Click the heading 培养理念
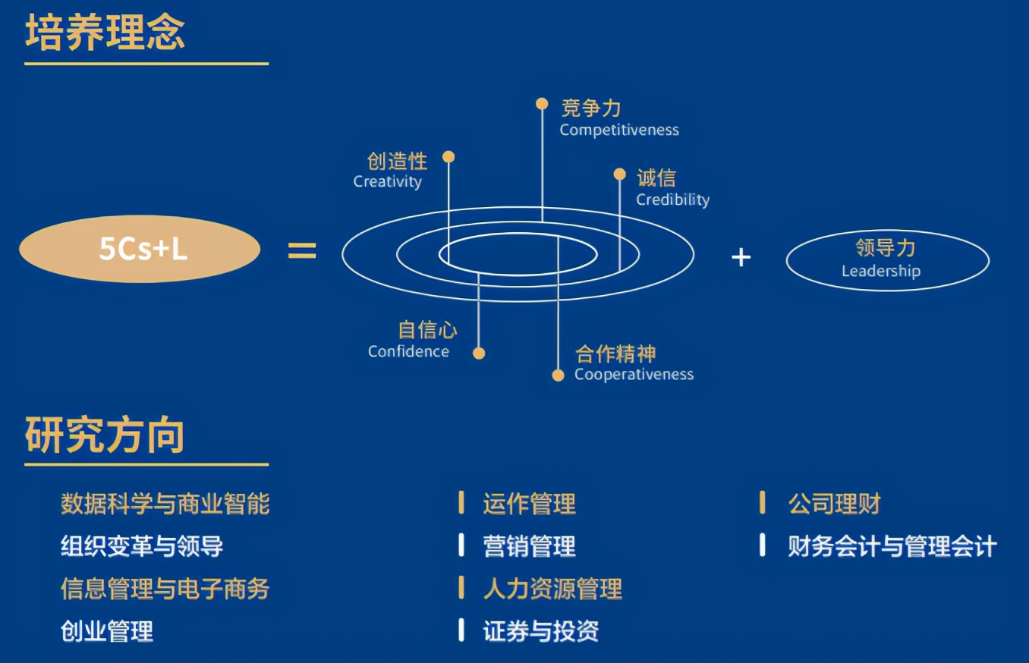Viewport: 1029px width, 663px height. coord(105,33)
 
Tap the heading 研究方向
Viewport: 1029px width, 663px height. coord(105,435)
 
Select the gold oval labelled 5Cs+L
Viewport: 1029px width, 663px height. coord(140,250)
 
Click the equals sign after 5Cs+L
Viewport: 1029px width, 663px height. coord(302,250)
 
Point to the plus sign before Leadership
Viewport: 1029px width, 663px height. coord(741,258)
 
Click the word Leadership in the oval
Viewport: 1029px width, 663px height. coord(880,272)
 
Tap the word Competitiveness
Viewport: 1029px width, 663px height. coord(619,130)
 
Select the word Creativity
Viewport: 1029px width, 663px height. coord(387,182)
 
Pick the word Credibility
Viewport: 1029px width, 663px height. coord(672,200)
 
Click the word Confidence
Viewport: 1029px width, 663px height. coord(408,352)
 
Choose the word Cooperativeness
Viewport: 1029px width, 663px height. coord(634,375)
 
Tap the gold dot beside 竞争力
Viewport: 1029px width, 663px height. coord(542,104)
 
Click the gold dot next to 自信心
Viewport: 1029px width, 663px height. coord(479,353)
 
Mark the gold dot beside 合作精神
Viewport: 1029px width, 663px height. coord(559,375)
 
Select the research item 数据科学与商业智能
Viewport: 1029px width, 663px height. coord(165,504)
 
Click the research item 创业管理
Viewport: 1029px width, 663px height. coord(107,631)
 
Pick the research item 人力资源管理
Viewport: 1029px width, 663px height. coord(552,589)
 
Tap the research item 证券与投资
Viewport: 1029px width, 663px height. coord(540,631)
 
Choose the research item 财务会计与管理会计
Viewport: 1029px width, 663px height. coord(892,546)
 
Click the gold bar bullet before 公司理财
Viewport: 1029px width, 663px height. coord(763,503)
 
